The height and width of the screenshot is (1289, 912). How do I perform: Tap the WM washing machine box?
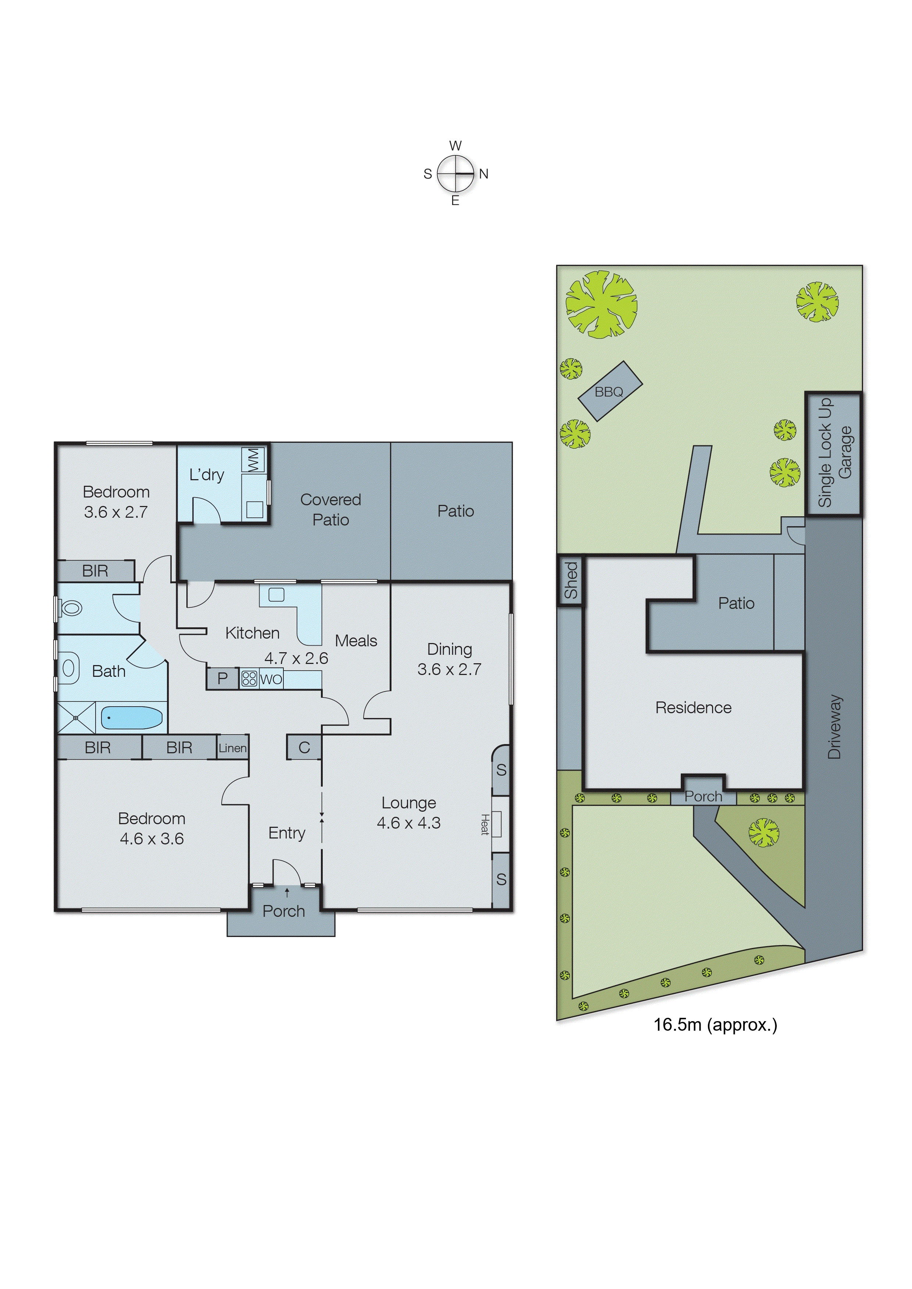pos(253,459)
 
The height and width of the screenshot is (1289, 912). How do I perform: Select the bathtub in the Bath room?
pos(131,718)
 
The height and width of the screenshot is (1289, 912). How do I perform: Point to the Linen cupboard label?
pos(232,748)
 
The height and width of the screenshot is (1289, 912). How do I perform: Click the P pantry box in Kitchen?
pos(222,678)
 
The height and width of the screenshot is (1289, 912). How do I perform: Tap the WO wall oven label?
pos(271,679)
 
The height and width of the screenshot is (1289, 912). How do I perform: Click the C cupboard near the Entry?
pos(304,747)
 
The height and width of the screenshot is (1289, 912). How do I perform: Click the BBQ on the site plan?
pos(609,391)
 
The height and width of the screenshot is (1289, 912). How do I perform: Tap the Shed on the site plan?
pos(571,581)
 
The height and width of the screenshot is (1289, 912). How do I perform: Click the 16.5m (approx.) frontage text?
pos(715,1024)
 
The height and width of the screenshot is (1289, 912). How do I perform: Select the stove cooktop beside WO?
pos(249,679)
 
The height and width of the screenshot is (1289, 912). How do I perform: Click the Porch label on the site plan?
pos(703,796)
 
